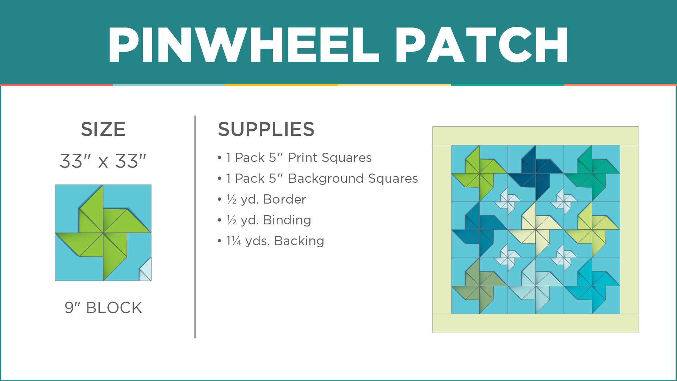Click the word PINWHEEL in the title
click(244, 45)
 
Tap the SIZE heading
click(103, 129)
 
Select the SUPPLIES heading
click(266, 129)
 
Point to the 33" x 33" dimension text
click(103, 161)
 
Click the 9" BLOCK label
click(103, 308)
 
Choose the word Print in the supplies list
click(303, 158)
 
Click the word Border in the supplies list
click(285, 199)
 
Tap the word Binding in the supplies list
click(287, 220)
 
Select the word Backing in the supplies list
click(299, 241)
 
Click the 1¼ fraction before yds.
click(234, 241)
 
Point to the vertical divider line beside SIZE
click(195, 227)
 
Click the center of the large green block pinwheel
click(103, 233)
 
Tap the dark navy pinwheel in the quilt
click(536, 173)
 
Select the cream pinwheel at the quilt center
click(536, 230)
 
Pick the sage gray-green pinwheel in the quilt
click(480, 286)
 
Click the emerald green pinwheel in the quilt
click(592, 173)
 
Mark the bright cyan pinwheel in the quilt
click(592, 286)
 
